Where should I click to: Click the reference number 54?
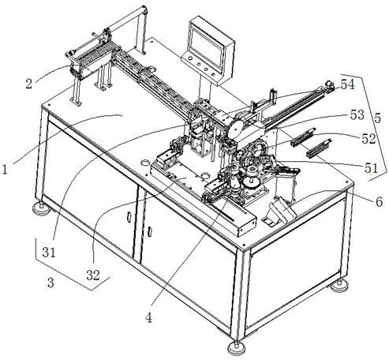348,84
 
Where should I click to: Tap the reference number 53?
357,114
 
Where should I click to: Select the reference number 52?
368,139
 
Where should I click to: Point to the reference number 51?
372,168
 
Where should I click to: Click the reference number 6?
379,202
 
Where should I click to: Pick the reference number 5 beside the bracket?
377,118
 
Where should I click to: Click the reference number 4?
148,318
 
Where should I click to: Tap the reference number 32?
93,276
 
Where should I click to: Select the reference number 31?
49,253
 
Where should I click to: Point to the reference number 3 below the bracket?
50,283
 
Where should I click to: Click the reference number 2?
28,84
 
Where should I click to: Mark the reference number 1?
5,169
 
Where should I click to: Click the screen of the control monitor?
207,47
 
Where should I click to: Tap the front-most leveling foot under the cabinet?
237,347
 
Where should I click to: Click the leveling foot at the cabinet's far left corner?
41,208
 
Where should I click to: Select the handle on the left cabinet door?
129,216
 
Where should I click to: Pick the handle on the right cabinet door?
150,231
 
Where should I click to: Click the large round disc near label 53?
236,129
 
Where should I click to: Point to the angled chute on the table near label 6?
279,211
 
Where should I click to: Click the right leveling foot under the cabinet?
339,286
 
